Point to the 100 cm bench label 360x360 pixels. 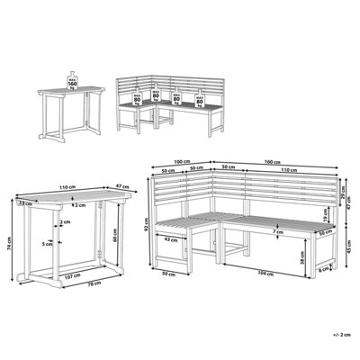(182, 162)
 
